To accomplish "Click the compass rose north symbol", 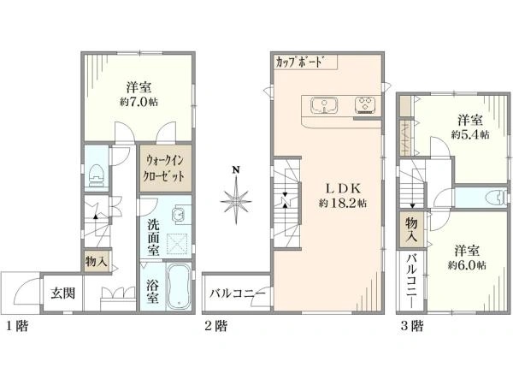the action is pos(236,199).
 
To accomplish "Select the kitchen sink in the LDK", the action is pos(324,105).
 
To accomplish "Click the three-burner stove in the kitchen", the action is pos(366,105).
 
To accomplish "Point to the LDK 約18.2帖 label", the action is pos(343,196).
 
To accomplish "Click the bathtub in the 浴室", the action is pos(178,287).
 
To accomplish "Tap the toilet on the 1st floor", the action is pos(96,175).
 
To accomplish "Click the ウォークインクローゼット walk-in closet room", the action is pos(165,169).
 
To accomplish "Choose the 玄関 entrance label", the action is pos(62,293).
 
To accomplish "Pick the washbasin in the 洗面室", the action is pos(179,215).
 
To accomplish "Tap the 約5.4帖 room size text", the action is pos(470,134).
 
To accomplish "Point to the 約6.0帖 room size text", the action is pos(467,265).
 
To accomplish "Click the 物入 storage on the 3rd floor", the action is pos(411,230).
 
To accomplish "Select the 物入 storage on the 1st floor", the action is pos(96,262).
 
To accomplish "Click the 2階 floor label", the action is pos(215,326).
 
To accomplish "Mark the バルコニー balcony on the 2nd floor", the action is pos(237,293).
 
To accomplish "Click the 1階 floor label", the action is pos(18,326).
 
